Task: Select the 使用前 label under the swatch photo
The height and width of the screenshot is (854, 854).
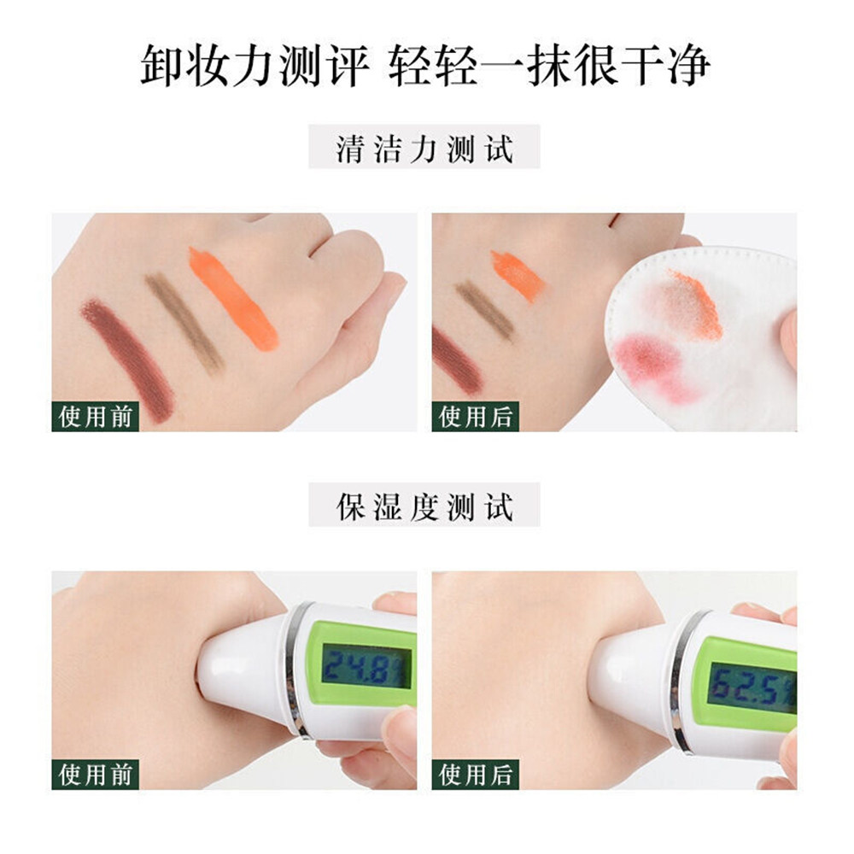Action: pos(96,417)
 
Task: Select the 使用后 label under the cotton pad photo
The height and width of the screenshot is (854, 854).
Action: pos(476,417)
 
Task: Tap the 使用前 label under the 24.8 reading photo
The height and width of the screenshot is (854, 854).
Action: pos(96,775)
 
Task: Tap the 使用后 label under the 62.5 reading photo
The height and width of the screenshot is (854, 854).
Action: pos(476,775)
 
